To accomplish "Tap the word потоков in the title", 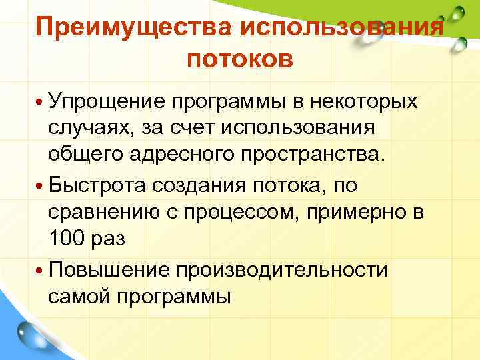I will coord(240,60).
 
